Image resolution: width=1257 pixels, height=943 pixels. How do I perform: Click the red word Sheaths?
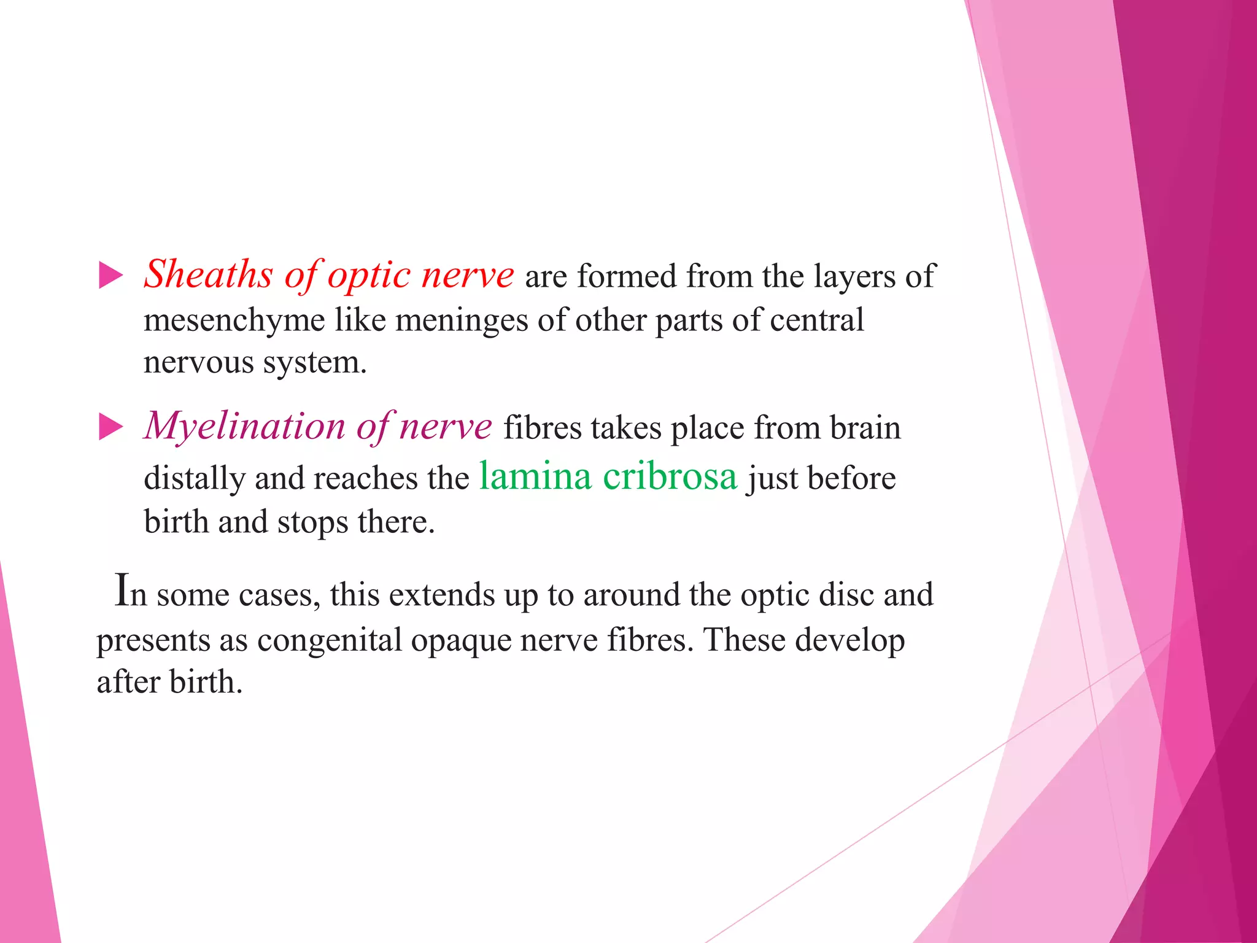pyautogui.click(x=208, y=274)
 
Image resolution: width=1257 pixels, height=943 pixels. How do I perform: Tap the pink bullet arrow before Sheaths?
pyautogui.click(x=110, y=275)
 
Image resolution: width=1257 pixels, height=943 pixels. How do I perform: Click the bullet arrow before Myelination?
pyautogui.click(x=110, y=427)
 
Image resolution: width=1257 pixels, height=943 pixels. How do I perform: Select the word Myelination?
pyautogui.click(x=245, y=427)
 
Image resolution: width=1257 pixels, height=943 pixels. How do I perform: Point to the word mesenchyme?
pyautogui.click(x=234, y=320)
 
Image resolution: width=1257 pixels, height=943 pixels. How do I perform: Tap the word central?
pyautogui.click(x=816, y=320)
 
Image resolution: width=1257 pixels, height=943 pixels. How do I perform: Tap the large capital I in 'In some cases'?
pyautogui.click(x=122, y=591)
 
